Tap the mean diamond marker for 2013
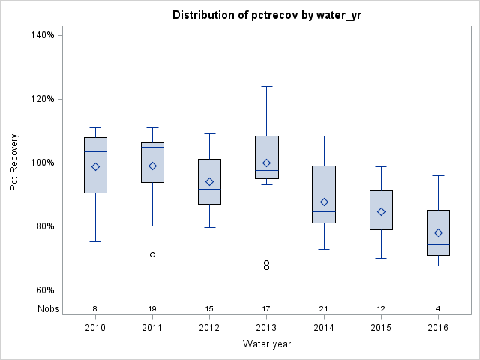266,163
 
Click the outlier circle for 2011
152,254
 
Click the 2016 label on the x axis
438,328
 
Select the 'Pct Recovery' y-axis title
14,163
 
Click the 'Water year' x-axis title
267,344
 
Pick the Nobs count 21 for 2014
324,308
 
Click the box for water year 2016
438,232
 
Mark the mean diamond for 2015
381,211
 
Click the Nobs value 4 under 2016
438,308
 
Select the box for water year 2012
209,181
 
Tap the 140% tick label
42,35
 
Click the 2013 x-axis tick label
267,328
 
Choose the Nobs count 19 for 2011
152,308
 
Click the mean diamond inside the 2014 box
324,202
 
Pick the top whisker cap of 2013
267,86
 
